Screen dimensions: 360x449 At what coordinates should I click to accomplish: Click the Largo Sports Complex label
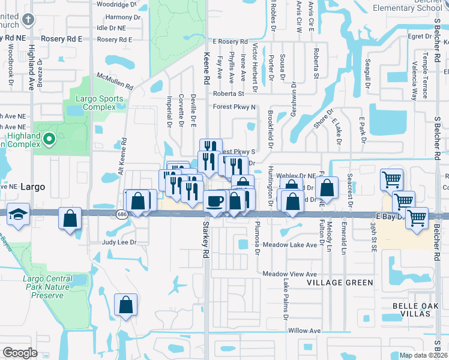point(100,103)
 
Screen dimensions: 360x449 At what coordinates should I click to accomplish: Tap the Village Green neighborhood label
point(340,282)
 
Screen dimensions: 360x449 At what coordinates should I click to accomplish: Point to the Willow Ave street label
point(304,331)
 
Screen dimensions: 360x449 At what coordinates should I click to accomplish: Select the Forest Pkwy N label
point(234,107)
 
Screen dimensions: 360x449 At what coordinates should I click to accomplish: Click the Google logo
point(20,353)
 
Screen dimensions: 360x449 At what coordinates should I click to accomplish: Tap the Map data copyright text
point(424,356)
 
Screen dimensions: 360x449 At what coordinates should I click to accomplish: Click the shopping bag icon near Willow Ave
point(126,305)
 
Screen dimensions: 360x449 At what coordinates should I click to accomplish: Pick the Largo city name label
point(32,187)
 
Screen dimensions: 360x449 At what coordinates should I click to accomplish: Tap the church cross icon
point(28,20)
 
